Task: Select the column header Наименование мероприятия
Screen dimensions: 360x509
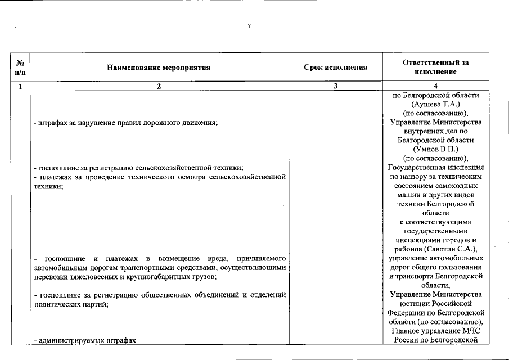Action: (159, 67)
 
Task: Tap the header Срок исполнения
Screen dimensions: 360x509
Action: (335, 67)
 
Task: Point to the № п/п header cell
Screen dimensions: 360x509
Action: (20, 67)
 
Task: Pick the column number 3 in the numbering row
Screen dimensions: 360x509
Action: (335, 87)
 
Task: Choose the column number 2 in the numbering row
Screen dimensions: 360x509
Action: (159, 87)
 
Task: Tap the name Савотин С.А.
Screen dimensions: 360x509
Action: (456, 249)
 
